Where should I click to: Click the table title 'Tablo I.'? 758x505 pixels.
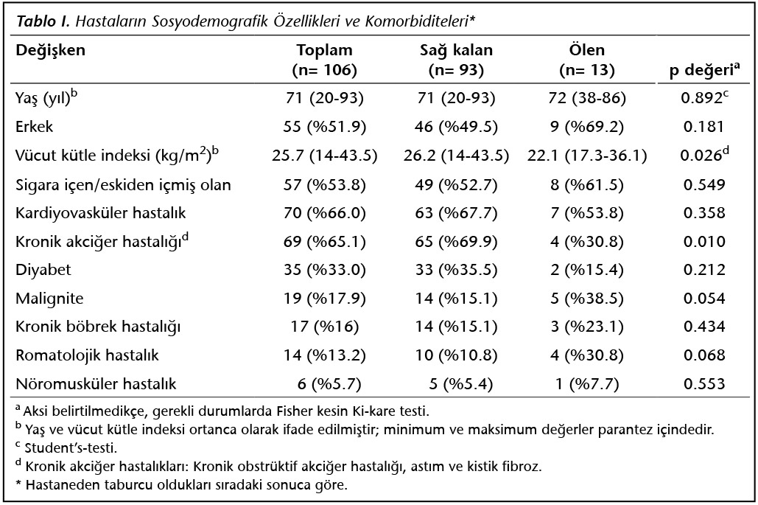43,21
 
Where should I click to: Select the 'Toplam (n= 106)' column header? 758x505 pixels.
324,60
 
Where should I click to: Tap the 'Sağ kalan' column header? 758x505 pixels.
456,50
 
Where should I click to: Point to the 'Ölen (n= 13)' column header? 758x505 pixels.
587,60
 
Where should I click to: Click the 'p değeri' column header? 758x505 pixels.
704,70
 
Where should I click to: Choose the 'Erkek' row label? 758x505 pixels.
35,127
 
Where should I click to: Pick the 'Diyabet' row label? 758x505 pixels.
43,269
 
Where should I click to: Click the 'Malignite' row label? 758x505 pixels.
49,299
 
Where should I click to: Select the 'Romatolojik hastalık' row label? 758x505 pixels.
87,355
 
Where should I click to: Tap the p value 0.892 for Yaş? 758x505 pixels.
701,98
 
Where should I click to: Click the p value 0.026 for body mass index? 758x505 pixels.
701,156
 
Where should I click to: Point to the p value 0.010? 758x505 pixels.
704,241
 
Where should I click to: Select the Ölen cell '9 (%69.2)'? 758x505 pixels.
587,127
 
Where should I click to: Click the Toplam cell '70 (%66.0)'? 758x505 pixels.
324,213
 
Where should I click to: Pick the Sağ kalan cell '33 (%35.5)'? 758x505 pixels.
456,269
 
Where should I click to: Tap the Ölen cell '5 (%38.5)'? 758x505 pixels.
587,299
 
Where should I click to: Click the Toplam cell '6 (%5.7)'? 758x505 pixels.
329,384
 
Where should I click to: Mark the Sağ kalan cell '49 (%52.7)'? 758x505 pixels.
456,185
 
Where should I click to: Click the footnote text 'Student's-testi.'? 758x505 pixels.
71,447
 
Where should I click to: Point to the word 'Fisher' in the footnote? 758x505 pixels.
295,411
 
